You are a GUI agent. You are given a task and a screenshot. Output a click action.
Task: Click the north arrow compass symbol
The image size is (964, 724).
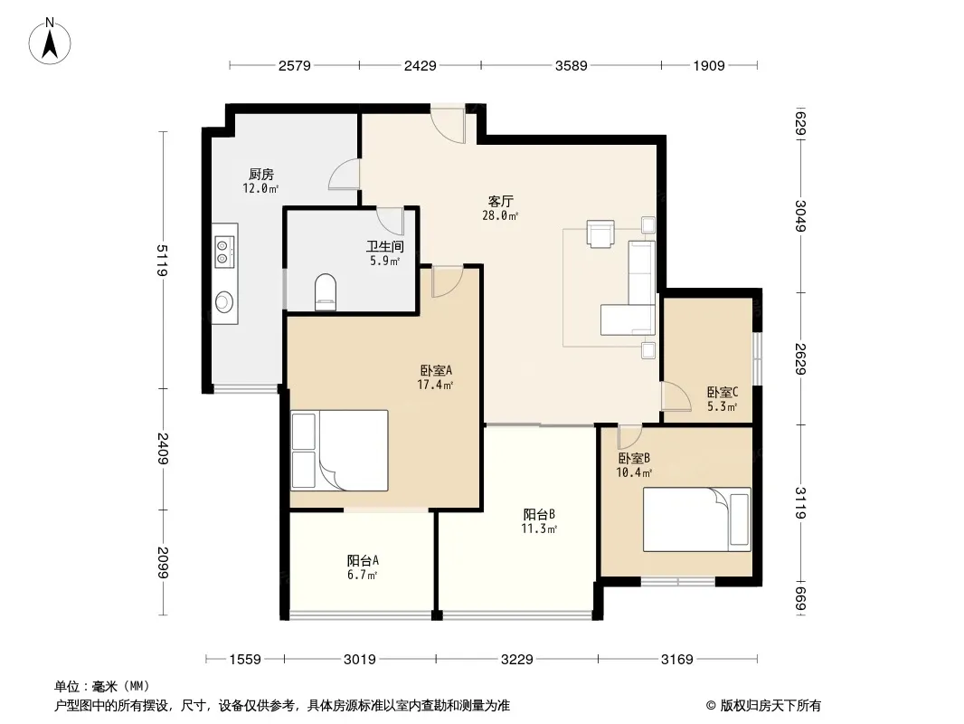[x=50, y=42]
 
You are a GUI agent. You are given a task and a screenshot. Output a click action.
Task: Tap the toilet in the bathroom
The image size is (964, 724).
[x=326, y=291]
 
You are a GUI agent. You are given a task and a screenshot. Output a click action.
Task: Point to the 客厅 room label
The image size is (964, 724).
[x=500, y=201]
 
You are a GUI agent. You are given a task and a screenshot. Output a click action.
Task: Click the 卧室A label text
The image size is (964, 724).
[x=436, y=370]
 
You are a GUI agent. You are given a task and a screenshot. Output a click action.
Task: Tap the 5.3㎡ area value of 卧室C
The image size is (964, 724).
[x=722, y=406]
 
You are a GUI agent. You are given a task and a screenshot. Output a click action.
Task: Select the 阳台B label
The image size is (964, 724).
[x=539, y=514]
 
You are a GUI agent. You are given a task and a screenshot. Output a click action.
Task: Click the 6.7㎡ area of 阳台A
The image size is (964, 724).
[x=362, y=576]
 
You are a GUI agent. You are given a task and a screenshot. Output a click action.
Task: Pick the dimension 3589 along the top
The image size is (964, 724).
[x=572, y=65]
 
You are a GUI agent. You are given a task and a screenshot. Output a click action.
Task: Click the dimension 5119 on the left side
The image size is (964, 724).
[x=162, y=261]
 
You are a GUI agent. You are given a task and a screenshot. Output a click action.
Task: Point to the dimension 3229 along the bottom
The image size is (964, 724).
[x=517, y=660]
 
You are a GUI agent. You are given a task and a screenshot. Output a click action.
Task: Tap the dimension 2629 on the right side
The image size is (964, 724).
[x=799, y=358]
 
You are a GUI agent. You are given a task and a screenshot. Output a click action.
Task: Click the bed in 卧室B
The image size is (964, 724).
[x=696, y=519]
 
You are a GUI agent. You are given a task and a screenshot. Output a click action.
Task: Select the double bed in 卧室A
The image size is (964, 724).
[x=339, y=451]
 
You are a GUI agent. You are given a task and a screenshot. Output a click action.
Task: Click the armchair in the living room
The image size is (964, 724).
[x=600, y=233]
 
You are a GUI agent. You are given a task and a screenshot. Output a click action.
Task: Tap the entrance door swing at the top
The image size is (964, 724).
[x=448, y=126]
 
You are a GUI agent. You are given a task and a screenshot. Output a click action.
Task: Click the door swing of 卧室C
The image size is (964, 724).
[x=676, y=395]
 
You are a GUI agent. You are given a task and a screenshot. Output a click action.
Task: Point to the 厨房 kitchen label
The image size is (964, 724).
[x=261, y=174]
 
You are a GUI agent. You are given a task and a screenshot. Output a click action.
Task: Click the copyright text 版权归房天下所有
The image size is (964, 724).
[x=770, y=706]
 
